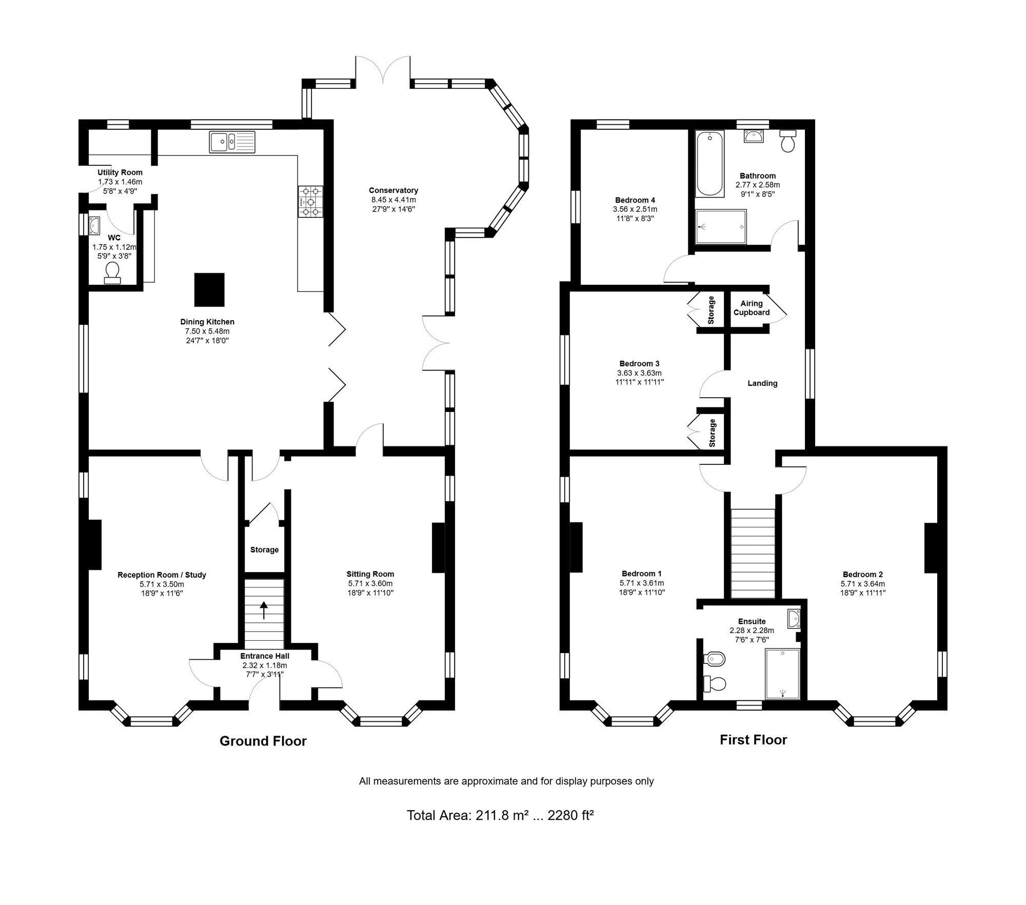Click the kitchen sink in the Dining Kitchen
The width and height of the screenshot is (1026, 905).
tap(232, 142)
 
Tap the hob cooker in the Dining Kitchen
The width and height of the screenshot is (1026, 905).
tap(311, 201)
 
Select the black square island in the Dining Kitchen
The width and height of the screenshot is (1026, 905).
tap(209, 289)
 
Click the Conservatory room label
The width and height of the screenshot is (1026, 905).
tap(393, 190)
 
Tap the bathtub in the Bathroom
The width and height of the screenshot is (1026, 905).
tap(710, 163)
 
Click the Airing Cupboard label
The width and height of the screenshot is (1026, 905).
tap(752, 308)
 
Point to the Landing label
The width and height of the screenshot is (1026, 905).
tap(762, 383)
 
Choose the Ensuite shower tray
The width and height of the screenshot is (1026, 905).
tap(782, 674)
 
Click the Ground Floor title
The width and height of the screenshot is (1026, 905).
tap(263, 741)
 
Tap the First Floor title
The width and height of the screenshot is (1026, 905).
tap(753, 739)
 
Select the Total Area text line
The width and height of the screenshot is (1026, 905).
tap(500, 830)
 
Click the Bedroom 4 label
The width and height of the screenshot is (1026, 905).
tap(635, 200)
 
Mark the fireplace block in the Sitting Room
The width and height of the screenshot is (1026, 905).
tap(438, 547)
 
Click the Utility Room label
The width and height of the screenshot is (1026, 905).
tap(120, 172)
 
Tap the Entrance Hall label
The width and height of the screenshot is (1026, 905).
tap(265, 656)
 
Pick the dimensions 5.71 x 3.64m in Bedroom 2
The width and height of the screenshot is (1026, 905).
tap(863, 584)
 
